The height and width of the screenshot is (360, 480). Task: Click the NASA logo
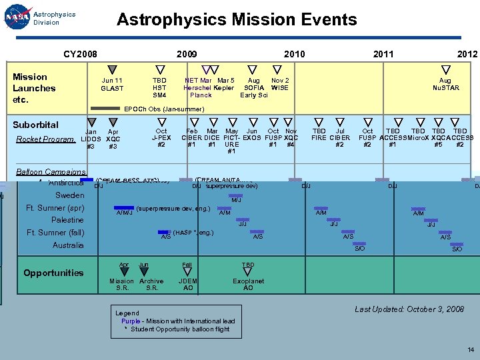coord(17,18)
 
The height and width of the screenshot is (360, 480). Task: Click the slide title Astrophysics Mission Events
coord(237,19)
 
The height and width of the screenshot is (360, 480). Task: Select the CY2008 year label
coord(80,54)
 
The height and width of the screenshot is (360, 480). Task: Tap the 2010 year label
coord(294,54)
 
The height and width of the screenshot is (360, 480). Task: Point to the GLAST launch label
coord(112,85)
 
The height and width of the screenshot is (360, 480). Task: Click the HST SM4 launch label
coord(160,88)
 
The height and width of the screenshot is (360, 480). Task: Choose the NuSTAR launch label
coord(445,85)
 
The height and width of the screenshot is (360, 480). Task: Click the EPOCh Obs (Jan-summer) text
coord(165,109)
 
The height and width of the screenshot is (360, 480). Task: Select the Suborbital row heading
coord(35,125)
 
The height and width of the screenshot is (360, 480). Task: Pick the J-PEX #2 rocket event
coord(161,138)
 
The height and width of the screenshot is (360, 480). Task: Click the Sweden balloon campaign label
coord(69,195)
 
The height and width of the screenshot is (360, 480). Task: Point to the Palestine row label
coord(67,220)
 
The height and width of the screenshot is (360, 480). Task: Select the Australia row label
coord(68,245)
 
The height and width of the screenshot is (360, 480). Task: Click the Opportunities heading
coord(53,273)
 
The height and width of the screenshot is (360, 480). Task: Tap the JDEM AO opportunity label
coord(188,285)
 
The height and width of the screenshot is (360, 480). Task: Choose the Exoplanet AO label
coord(248,285)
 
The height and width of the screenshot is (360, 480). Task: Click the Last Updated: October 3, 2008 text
coord(409,309)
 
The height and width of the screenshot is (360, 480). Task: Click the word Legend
coord(127,313)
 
